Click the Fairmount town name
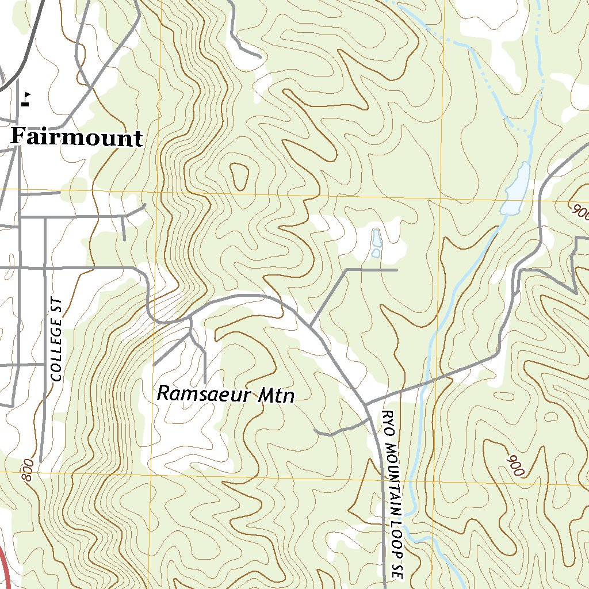click(77, 138)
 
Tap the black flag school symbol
click(26, 100)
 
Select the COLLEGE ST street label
click(56, 339)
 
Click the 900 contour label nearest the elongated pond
click(580, 212)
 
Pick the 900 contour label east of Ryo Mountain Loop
click(516, 465)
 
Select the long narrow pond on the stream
click(515, 190)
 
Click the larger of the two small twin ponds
click(376, 236)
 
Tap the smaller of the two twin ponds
click(375, 253)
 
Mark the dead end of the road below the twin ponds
click(397, 269)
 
